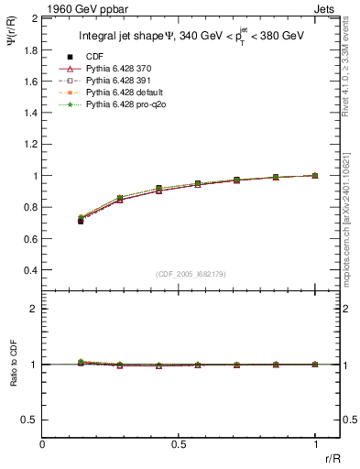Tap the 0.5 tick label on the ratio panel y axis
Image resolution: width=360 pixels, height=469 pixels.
click(x=31, y=420)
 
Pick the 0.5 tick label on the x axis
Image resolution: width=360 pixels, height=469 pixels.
click(x=179, y=444)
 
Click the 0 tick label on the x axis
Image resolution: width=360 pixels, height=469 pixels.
click(x=43, y=444)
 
